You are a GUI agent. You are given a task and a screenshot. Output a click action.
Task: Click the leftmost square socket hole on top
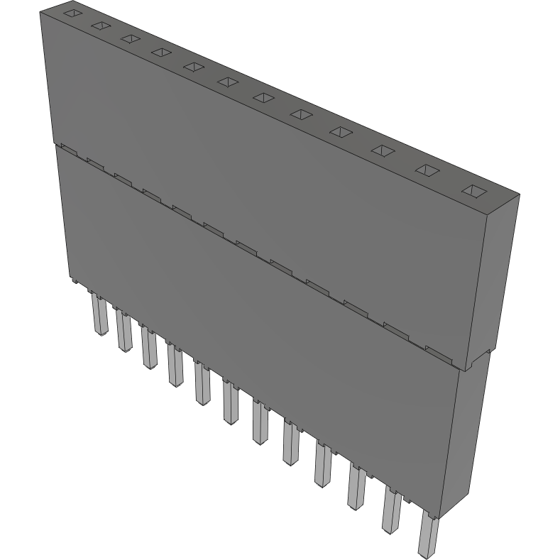pos(72,13)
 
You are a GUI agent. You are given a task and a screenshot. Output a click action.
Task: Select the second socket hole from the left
pos(100,26)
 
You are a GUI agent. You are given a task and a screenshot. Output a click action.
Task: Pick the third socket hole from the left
pos(130,38)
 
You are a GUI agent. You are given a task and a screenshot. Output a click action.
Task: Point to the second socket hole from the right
pos(427,170)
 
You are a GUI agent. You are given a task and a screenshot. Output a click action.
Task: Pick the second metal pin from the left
pos(123,331)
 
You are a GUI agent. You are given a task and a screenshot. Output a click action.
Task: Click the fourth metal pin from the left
pos(175,365)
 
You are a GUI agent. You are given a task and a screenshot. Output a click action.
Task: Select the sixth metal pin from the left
pos(231,402)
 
